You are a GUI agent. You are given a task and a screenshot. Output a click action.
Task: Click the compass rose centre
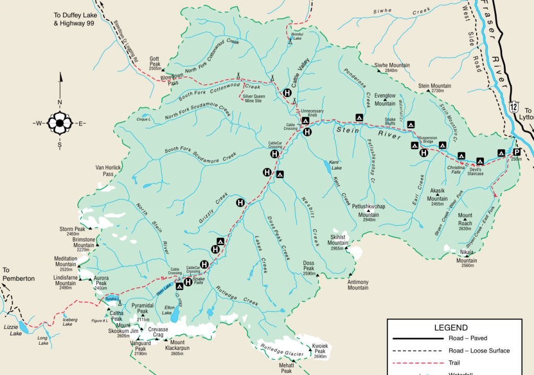tap(59, 124)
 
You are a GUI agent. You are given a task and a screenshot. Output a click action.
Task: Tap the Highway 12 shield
tap(514, 106)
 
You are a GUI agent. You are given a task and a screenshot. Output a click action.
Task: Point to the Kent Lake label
tap(336, 165)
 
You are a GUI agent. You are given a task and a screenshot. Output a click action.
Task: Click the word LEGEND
tap(451, 328)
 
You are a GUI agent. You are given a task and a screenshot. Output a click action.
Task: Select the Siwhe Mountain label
tap(392, 68)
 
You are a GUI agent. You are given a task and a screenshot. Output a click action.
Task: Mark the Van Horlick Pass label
tap(108, 171)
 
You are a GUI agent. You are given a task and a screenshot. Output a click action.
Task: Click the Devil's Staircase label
tap(476, 172)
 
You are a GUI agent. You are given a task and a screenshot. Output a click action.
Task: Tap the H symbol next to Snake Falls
tap(188, 282)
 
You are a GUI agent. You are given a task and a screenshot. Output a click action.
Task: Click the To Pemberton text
tap(19, 274)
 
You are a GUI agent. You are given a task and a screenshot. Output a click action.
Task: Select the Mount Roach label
tap(465, 219)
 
